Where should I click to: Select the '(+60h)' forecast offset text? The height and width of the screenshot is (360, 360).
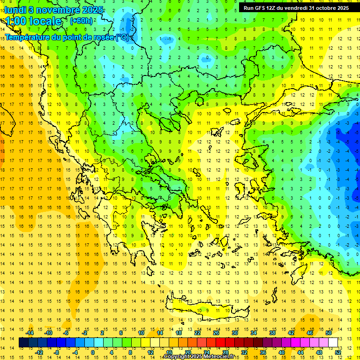point(81,21)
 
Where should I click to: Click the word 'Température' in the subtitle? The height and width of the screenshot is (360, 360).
point(31,37)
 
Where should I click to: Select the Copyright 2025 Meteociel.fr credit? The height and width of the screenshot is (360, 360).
point(199,357)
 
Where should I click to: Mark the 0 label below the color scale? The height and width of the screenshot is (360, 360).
point(93,352)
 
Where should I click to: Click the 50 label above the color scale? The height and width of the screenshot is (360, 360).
point(328,333)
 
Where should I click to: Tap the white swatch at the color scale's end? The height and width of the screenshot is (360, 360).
point(333,343)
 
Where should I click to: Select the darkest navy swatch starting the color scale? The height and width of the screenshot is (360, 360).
point(24,343)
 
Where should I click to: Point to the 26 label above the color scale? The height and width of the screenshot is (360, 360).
point(216,333)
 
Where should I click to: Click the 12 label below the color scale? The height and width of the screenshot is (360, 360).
point(151,352)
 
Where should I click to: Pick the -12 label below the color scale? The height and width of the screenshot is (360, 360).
point(39,352)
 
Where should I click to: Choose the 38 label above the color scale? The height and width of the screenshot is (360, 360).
point(272,333)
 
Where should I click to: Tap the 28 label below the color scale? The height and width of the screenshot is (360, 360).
point(225,352)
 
